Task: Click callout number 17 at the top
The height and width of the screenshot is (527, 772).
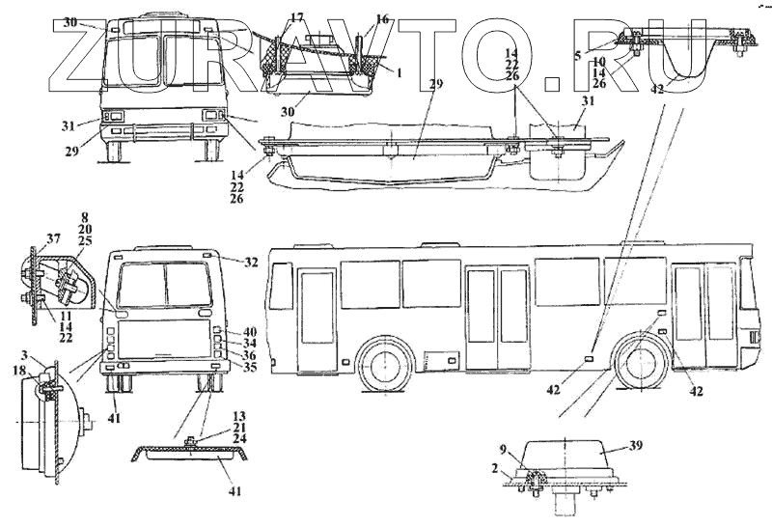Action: pos(296,16)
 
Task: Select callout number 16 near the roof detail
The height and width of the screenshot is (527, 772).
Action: pos(382,19)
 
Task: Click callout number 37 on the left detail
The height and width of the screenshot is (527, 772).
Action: pos(54,239)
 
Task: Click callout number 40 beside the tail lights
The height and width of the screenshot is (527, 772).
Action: pos(249,332)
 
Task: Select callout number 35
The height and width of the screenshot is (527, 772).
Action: pos(249,367)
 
